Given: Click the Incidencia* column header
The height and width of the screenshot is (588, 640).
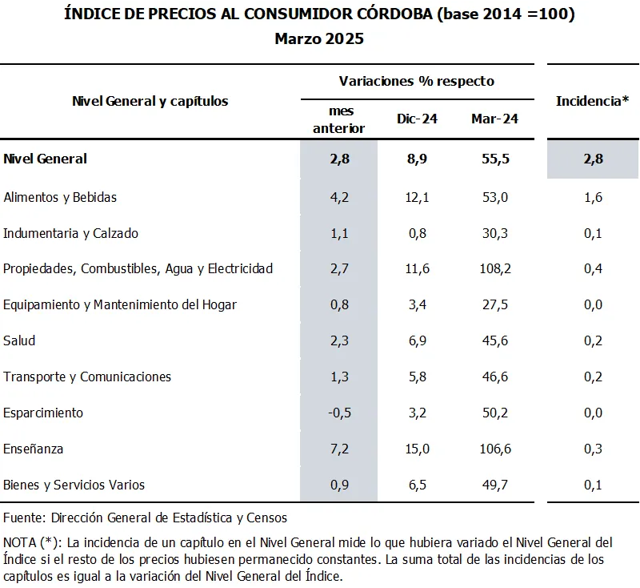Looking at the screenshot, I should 592,101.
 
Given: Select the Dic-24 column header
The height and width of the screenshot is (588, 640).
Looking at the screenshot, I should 416,119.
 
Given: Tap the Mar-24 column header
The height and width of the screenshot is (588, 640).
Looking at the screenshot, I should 494,119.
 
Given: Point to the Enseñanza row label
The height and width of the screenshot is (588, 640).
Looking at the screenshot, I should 33,449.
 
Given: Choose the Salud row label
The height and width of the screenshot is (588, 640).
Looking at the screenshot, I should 19,340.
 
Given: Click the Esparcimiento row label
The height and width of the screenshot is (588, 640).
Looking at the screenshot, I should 43,413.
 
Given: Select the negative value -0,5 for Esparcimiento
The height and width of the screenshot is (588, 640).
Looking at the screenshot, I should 341,413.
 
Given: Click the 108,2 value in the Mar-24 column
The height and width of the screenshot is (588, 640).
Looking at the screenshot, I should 494,268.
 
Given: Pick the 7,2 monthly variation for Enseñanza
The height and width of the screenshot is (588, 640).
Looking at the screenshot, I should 341,449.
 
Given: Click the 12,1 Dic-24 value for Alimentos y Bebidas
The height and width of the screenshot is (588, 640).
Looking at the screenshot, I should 416,197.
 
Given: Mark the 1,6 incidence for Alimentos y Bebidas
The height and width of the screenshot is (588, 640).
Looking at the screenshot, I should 593,197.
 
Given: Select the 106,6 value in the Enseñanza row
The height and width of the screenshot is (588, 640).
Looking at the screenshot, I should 494,449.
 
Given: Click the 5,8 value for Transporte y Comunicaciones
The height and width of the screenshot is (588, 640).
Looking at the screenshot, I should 416,377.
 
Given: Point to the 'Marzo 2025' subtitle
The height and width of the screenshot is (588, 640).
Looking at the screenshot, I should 319,38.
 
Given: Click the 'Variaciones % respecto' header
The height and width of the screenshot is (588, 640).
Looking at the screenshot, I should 416,81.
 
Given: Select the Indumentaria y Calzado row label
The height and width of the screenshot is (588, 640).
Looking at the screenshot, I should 70,233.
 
